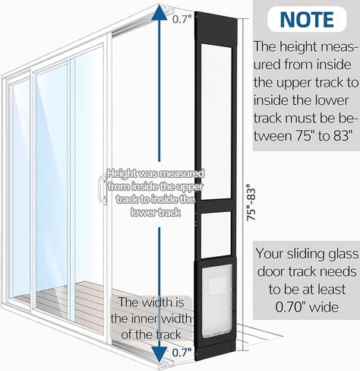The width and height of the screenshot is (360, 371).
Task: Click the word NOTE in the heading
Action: click(307, 19)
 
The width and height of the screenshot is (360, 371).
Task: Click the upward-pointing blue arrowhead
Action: click(159, 12)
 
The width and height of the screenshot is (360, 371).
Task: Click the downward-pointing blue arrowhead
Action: click(159, 354)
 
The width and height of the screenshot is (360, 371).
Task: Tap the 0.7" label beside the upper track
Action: click(182, 19)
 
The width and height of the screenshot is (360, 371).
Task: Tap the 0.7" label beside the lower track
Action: click(182, 353)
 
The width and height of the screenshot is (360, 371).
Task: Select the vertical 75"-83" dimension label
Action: click(251, 202)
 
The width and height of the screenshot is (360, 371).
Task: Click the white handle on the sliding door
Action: click(103, 189)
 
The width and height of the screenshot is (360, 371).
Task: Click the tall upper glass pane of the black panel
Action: click(216, 121)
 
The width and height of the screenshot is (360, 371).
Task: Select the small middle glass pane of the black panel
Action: click(216, 233)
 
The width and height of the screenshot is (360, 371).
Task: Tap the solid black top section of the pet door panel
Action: click(216, 26)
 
